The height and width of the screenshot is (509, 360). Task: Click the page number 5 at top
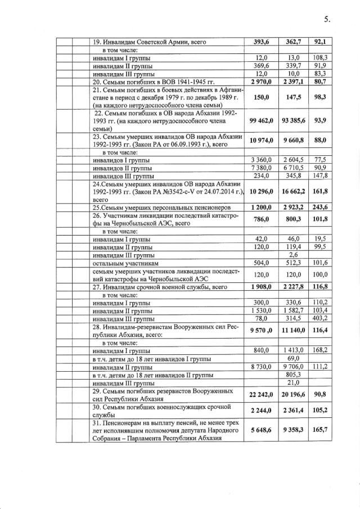click(x=327, y=20)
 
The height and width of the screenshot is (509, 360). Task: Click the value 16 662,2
click(x=292, y=191)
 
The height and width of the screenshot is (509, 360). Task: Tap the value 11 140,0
click(x=292, y=332)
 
